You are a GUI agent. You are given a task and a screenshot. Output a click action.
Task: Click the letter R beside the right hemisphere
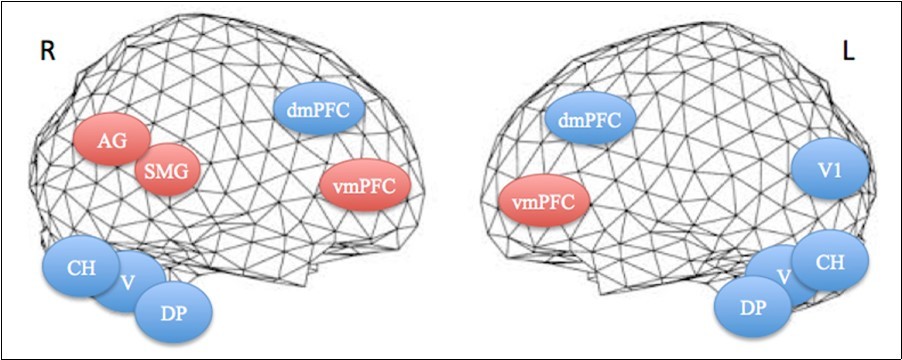[x=46, y=52]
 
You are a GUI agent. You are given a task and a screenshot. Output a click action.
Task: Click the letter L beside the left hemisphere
[x=849, y=52]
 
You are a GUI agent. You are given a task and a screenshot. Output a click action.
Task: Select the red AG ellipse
[x=111, y=142]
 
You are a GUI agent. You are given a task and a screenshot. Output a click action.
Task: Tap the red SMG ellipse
[x=168, y=172]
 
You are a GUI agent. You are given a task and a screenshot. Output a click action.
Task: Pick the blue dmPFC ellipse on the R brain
[x=316, y=112]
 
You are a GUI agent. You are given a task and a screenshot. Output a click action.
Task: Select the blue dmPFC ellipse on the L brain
[x=590, y=121]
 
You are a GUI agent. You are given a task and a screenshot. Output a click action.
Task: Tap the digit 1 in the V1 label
[x=838, y=170]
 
